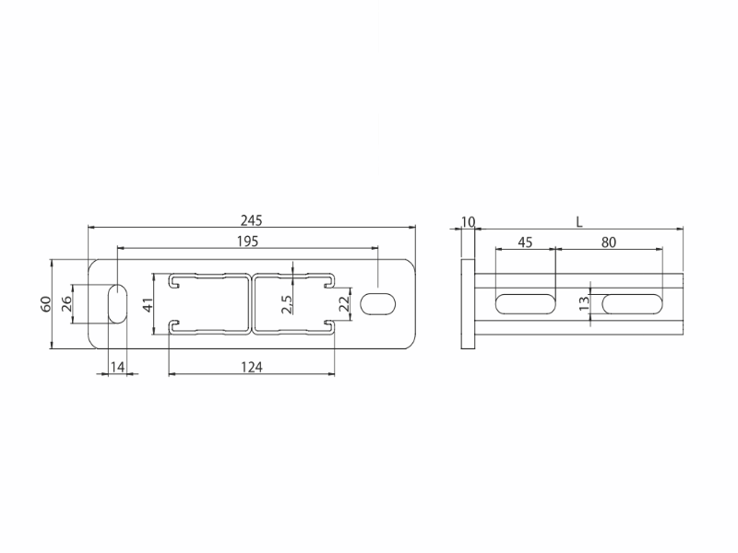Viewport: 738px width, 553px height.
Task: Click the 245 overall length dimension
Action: pos(251,220)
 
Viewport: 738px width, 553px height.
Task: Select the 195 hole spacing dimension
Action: pos(247,241)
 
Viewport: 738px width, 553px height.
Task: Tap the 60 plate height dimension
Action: pos(45,304)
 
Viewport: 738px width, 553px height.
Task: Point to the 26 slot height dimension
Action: pos(66,303)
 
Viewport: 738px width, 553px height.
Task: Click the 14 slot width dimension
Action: pos(118,367)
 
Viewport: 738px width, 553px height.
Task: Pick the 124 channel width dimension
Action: pos(252,367)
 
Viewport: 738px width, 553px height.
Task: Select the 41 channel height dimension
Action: pos(149,305)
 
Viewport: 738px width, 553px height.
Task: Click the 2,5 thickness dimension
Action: pos(287,304)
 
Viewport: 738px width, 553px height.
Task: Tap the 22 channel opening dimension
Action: pos(345,304)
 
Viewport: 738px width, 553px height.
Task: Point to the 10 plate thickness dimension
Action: pos(469,221)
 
